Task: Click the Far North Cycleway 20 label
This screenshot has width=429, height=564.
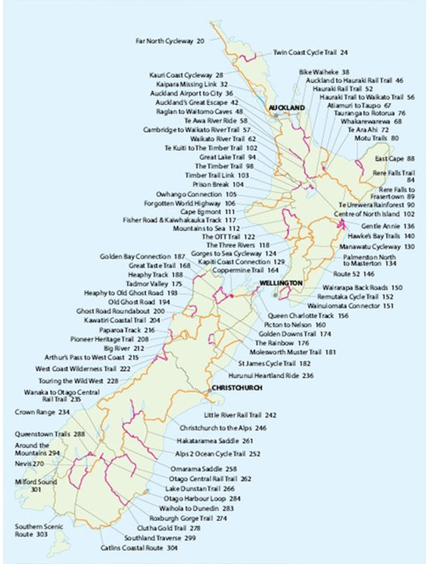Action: (x=170, y=41)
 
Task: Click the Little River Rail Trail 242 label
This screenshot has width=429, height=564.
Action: (x=240, y=415)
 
